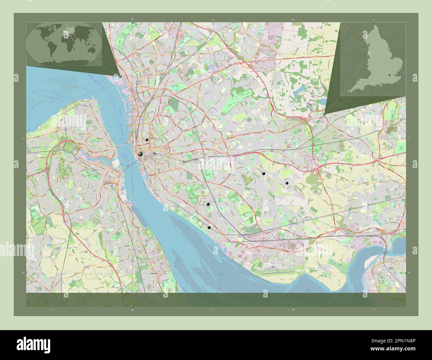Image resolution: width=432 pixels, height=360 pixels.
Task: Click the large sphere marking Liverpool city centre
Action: pos(141,154)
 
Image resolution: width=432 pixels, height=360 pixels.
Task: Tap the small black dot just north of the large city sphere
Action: pos(147,140)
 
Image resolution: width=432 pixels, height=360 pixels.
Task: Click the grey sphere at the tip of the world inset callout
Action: pos(120,76)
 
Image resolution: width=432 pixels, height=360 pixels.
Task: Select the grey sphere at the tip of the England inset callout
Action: pos(324,114)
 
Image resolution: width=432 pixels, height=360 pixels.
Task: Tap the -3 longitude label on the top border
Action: pos(132,20)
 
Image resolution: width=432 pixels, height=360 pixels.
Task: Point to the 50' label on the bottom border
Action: pos(293,310)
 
